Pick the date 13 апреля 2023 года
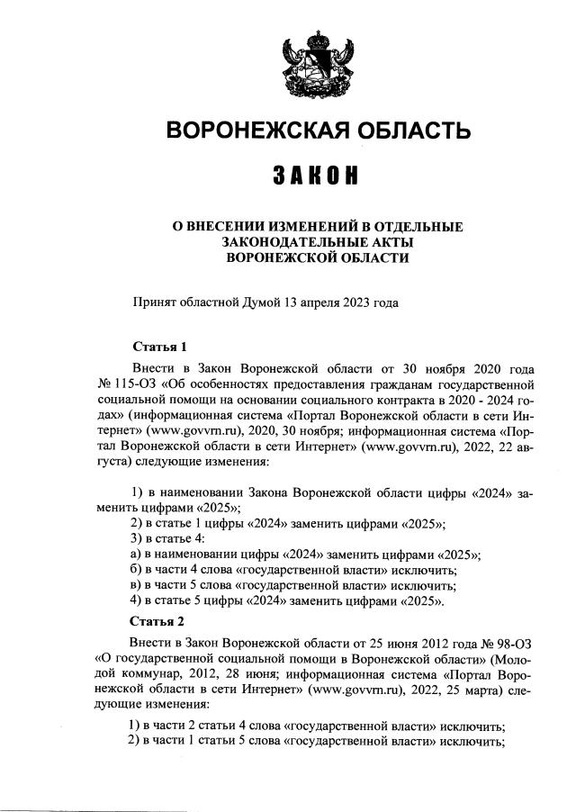[x=347, y=302]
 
